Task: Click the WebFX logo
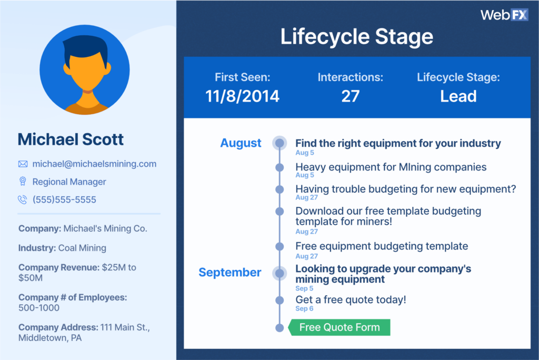(x=504, y=15)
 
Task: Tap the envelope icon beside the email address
(x=23, y=164)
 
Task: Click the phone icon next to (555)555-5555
(x=23, y=199)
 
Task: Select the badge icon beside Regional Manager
(x=23, y=181)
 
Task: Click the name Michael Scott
(x=71, y=139)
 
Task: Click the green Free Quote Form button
(x=340, y=327)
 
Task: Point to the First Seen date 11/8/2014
(x=242, y=96)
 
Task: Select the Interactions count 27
(x=350, y=96)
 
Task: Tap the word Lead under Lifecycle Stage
(x=458, y=96)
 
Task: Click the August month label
(x=241, y=143)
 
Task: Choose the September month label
(x=230, y=272)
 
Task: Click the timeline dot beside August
(x=280, y=143)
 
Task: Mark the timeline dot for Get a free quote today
(x=280, y=300)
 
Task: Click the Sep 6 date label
(x=304, y=308)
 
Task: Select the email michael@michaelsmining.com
(x=94, y=164)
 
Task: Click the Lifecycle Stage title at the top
(x=357, y=37)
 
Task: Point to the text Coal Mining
(x=82, y=248)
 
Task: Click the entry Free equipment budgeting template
(x=382, y=246)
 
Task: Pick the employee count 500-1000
(x=39, y=308)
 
